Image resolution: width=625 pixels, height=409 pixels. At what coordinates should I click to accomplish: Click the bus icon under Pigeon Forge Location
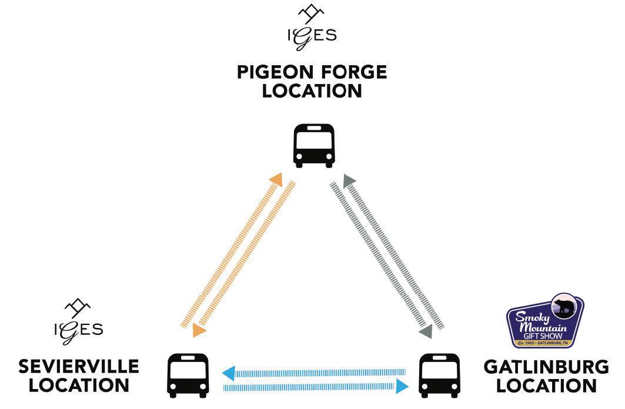click(x=314, y=145)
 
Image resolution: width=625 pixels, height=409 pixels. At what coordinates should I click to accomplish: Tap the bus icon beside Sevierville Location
click(x=188, y=375)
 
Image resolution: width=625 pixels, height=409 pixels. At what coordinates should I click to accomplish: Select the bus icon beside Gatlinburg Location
click(x=439, y=375)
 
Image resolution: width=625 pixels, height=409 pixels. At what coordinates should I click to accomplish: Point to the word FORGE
click(x=353, y=72)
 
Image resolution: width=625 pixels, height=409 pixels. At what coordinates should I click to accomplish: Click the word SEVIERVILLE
click(x=79, y=367)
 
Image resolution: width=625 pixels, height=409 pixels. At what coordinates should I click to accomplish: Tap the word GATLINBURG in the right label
click(x=546, y=367)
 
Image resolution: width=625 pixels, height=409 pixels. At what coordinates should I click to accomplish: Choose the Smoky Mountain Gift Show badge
click(x=545, y=321)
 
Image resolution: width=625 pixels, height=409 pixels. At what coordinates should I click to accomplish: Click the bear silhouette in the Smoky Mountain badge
click(x=565, y=307)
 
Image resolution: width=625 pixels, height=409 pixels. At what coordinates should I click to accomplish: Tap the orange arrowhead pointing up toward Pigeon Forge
click(x=276, y=179)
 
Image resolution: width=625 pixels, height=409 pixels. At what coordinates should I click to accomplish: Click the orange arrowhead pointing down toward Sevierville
click(x=199, y=331)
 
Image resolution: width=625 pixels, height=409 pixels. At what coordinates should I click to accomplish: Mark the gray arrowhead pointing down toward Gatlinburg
click(x=426, y=331)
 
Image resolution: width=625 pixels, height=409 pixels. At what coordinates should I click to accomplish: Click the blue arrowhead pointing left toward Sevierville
click(x=228, y=373)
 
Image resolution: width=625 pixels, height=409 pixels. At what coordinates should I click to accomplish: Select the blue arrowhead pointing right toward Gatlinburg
click(x=402, y=386)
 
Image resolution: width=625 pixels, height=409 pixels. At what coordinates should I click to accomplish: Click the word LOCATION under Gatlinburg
click(x=546, y=385)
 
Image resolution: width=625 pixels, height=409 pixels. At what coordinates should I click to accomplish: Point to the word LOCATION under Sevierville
click(x=79, y=385)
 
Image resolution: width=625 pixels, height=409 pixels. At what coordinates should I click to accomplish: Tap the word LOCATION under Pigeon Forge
click(x=312, y=91)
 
